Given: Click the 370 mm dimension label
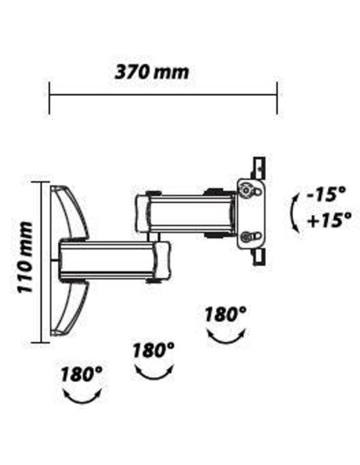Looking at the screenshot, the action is coord(151,72).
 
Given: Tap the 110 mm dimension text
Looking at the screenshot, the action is coord(25,257).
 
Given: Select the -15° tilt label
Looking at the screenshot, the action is coord(327,194).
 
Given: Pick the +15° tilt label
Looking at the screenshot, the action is coord(329,220).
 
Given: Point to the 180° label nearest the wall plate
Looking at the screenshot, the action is coord(81,373).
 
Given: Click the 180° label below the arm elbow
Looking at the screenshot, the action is coord(153,350).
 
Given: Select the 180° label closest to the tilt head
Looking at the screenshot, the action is coord(225,314).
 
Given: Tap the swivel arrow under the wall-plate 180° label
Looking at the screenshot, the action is coord(83,401).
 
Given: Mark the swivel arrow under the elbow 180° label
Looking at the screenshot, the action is coord(155,377).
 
